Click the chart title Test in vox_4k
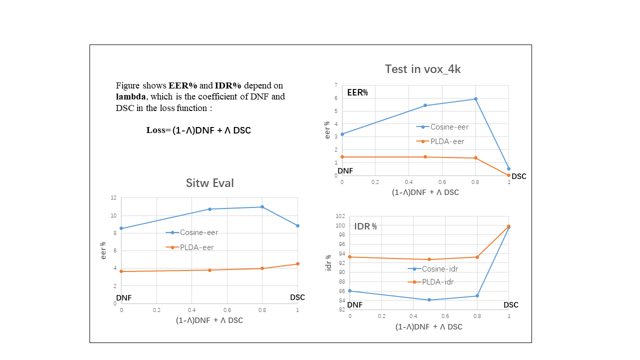(422, 69)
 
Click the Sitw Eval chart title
(210, 183)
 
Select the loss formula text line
(198, 130)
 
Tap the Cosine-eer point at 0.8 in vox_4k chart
(475, 99)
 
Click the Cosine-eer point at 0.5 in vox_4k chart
(425, 105)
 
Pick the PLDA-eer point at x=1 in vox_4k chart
(508, 175)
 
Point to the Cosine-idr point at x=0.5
(429, 300)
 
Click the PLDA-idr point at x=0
(349, 257)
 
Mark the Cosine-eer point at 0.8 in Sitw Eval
(262, 207)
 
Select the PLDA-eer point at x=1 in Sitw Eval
(297, 264)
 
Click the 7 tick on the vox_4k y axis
(336, 85)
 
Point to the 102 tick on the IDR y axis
(340, 216)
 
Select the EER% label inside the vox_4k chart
(357, 92)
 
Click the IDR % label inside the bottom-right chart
(365, 226)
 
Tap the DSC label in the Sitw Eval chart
(297, 297)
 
